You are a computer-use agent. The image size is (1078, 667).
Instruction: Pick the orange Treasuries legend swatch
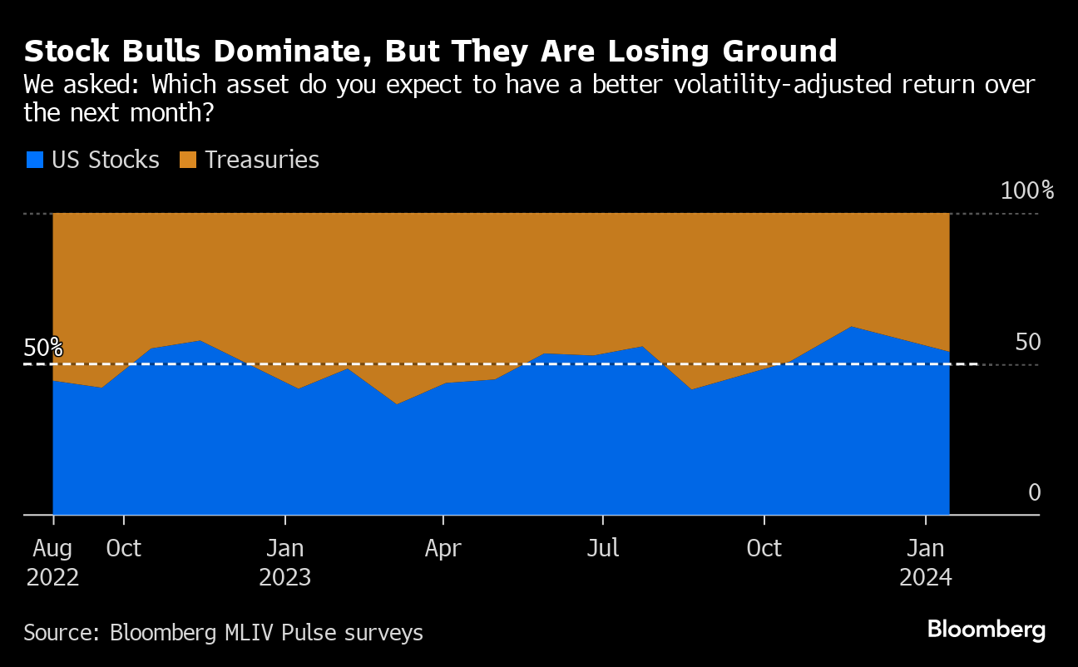pyautogui.click(x=188, y=160)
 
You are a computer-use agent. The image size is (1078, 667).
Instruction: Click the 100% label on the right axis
pyautogui.click(x=1026, y=191)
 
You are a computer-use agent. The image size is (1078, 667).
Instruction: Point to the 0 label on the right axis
pyautogui.click(x=1034, y=493)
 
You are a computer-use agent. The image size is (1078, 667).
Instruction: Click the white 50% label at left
pyautogui.click(x=43, y=348)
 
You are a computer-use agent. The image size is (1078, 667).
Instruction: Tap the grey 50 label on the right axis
pyautogui.click(x=1028, y=343)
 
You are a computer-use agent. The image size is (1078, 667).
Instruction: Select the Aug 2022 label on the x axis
pyautogui.click(x=53, y=563)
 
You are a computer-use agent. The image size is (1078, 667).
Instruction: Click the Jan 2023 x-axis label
pyautogui.click(x=285, y=563)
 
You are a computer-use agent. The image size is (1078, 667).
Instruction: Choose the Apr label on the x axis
pyautogui.click(x=443, y=549)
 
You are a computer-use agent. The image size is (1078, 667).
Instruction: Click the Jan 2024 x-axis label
pyautogui.click(x=926, y=563)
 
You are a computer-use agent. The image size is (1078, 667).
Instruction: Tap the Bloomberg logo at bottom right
pyautogui.click(x=986, y=630)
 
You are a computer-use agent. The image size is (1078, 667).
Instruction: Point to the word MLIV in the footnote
pyautogui.click(x=254, y=633)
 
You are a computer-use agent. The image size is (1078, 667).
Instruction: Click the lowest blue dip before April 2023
pyautogui.click(x=396, y=404)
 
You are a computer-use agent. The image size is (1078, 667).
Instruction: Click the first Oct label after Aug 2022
pyautogui.click(x=124, y=549)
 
